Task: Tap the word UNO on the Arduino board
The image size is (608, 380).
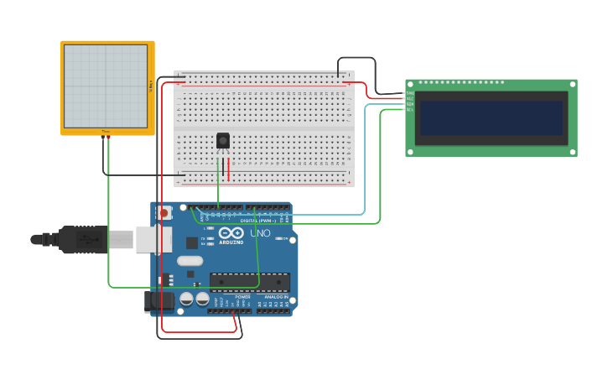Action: [260, 232]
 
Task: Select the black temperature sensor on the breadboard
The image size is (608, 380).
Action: [223, 141]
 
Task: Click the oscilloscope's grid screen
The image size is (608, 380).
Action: [106, 86]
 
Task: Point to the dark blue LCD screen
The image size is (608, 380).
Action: [491, 118]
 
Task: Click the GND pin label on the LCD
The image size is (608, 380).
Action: [410, 94]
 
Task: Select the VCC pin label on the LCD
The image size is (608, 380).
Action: [410, 99]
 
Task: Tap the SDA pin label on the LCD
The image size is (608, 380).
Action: [410, 104]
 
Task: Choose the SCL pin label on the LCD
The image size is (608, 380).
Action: [410, 109]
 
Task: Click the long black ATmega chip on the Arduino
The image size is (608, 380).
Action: [250, 283]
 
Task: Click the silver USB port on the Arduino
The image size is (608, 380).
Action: [153, 239]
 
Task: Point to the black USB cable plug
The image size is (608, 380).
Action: [84, 240]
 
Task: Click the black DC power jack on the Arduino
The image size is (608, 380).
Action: [158, 302]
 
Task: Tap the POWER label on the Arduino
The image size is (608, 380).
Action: [242, 297]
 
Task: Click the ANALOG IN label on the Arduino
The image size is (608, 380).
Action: [276, 297]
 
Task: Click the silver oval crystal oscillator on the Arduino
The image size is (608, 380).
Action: [190, 260]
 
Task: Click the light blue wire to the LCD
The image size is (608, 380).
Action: [365, 168]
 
